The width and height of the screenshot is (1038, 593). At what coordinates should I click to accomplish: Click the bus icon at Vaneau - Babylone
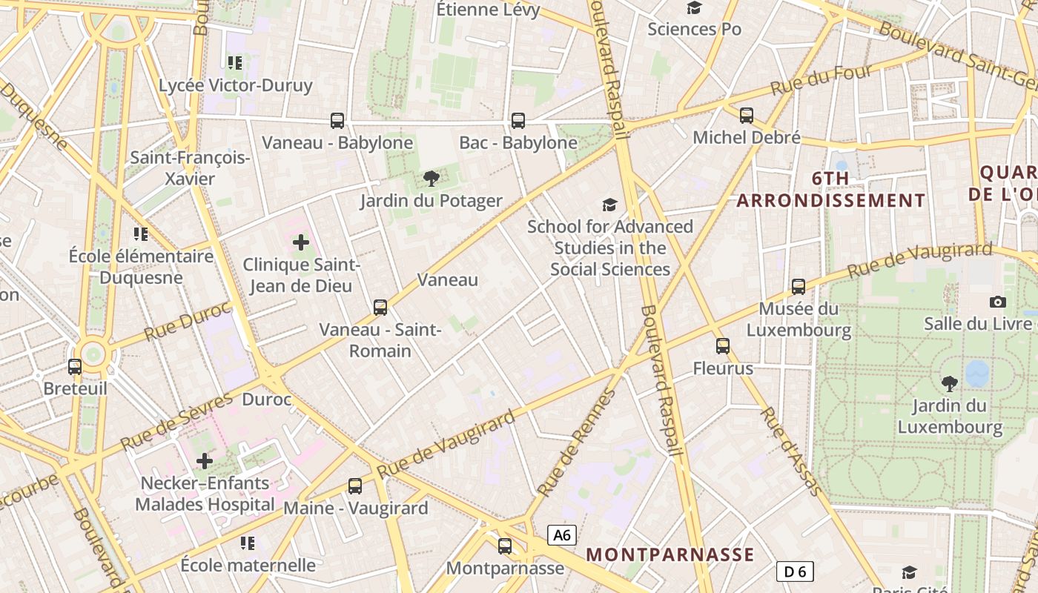click(x=337, y=120)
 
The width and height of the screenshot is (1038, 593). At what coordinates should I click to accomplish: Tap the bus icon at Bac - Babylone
click(x=518, y=120)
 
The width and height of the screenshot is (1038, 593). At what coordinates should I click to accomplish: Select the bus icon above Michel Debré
click(x=747, y=116)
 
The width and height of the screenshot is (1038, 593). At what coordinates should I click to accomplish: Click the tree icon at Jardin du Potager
click(x=431, y=179)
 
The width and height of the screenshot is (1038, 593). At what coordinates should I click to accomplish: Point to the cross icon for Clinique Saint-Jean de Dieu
click(x=301, y=242)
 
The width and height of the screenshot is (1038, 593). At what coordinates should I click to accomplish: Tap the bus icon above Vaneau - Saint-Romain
click(x=380, y=307)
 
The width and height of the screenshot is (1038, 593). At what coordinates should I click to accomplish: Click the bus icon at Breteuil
click(x=75, y=366)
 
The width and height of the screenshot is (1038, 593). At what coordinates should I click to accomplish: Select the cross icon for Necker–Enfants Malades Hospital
click(x=205, y=461)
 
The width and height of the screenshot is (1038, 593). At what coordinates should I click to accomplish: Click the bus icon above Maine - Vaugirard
click(x=355, y=486)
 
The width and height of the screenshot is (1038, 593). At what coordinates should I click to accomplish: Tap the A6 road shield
click(x=562, y=535)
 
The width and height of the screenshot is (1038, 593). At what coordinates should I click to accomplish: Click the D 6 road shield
click(x=795, y=572)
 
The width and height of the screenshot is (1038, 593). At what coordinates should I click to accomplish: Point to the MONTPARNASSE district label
click(x=670, y=554)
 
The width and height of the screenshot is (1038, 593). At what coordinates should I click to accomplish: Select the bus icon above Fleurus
click(x=723, y=346)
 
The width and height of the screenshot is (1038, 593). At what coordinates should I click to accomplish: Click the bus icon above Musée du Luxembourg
click(x=799, y=286)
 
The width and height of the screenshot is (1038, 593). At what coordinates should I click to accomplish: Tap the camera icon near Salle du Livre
click(x=998, y=302)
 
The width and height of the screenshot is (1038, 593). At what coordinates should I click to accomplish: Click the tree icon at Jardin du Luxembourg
click(x=949, y=383)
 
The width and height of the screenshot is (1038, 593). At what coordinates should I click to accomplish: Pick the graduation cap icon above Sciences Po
click(x=694, y=8)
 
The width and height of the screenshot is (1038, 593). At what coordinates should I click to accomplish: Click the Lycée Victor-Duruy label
click(x=236, y=85)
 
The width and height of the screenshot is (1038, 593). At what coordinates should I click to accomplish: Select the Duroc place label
click(x=267, y=400)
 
